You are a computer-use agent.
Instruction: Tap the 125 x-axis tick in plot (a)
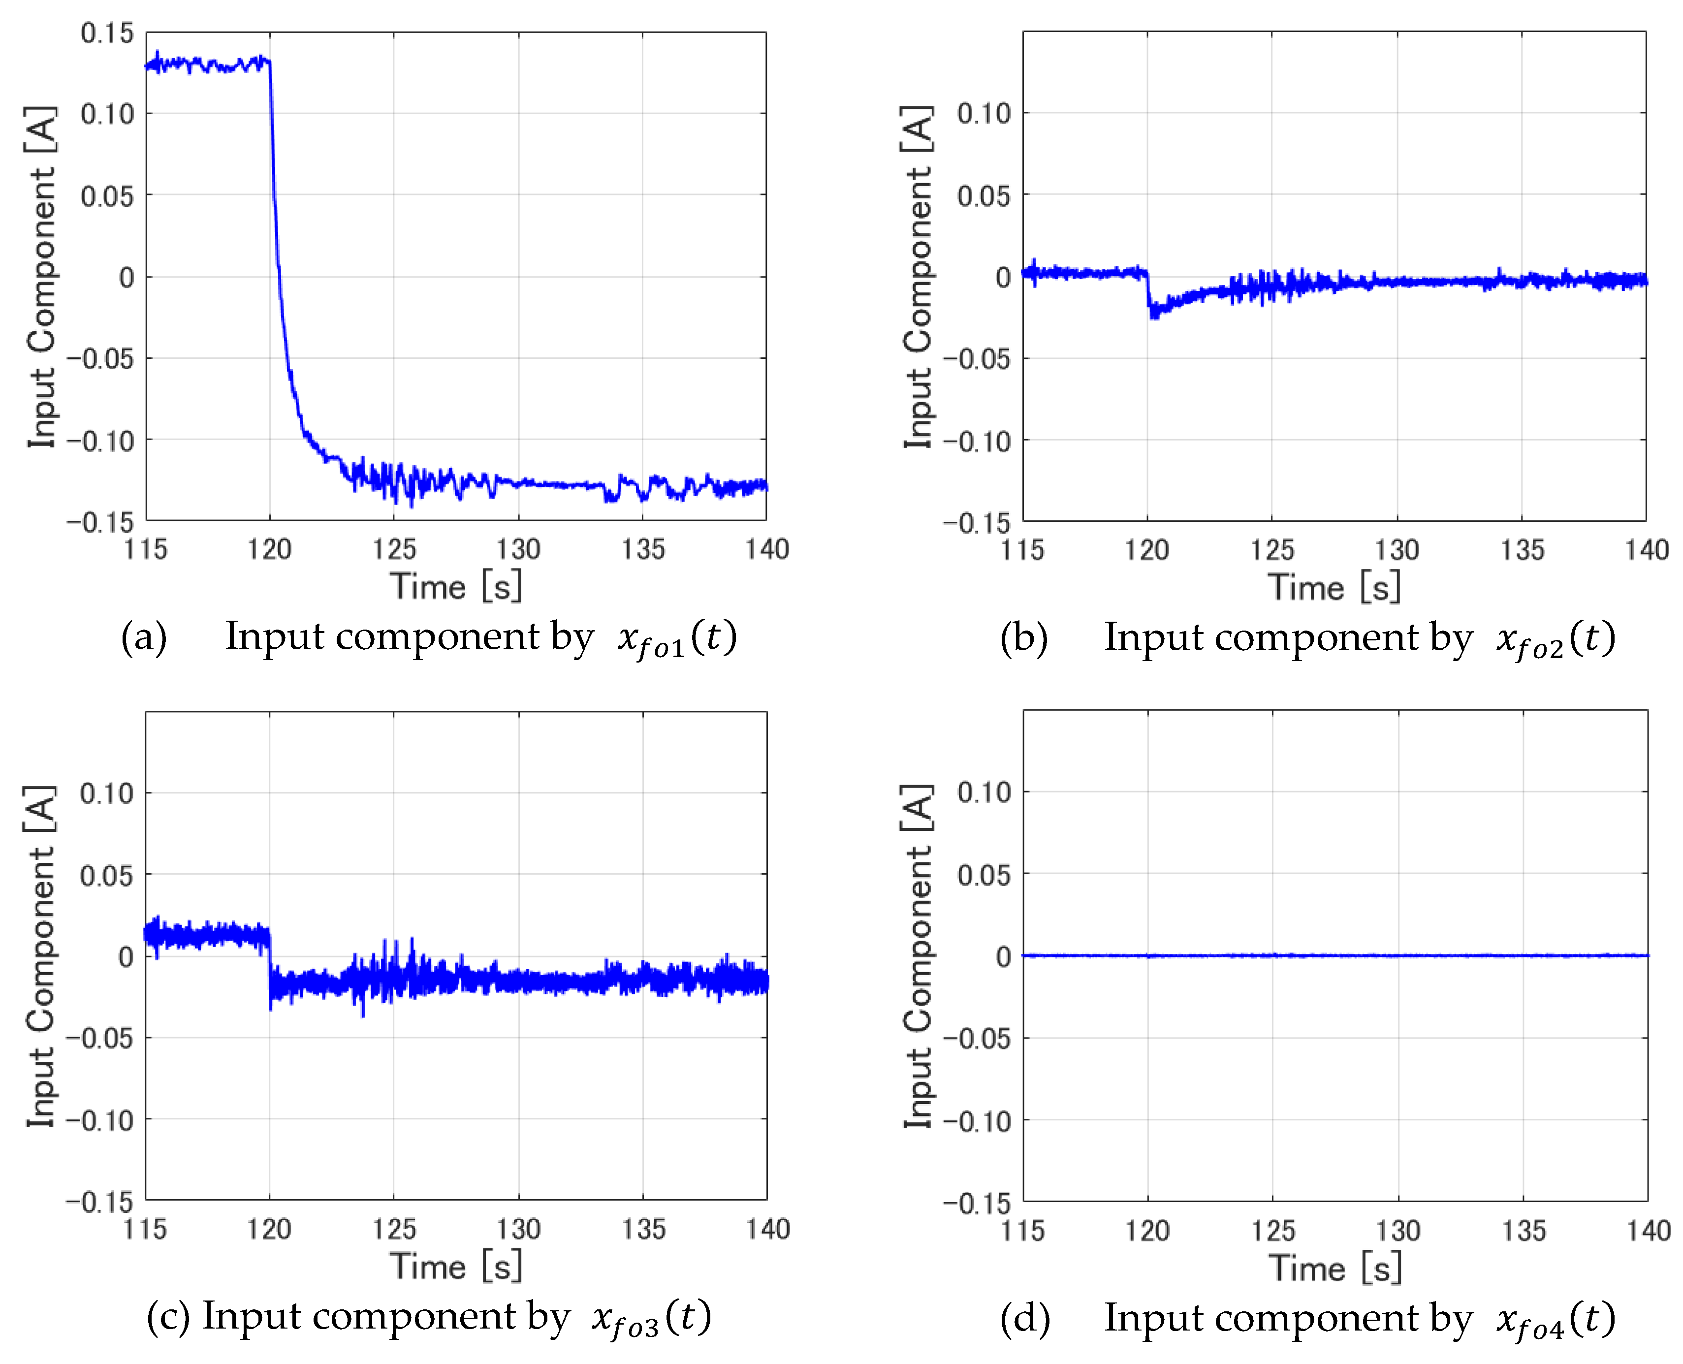tap(394, 548)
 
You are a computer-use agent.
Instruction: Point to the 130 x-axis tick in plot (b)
tap(1396, 549)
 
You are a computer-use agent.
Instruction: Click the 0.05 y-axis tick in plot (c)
tap(107, 875)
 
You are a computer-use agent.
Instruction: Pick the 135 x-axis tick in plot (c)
tap(643, 1229)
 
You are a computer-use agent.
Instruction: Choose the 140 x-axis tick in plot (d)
tap(1648, 1230)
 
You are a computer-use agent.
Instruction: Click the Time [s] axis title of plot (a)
tap(456, 587)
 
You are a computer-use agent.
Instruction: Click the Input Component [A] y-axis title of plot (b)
tap(917, 277)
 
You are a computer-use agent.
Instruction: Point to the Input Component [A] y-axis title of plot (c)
tap(41, 956)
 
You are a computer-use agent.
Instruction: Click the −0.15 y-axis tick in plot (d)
tap(978, 1202)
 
